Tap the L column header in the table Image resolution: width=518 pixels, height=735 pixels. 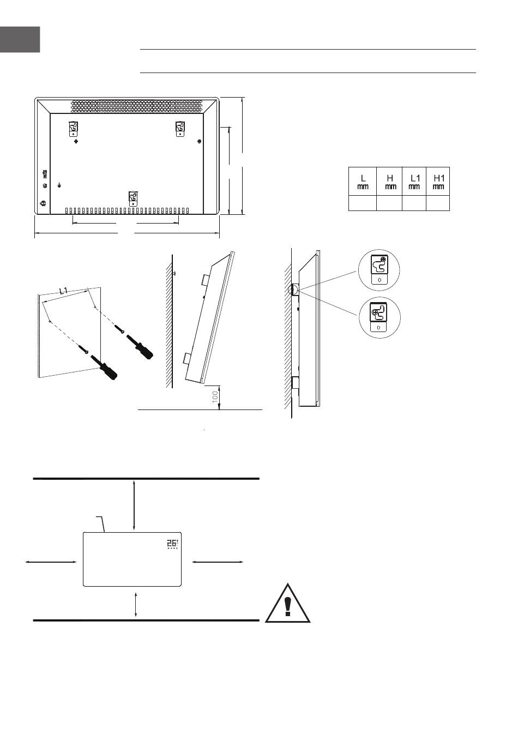point(362,182)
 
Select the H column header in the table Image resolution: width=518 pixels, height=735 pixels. point(389,182)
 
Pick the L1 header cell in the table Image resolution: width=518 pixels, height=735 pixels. point(414,182)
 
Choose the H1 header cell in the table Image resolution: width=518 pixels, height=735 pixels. point(438,182)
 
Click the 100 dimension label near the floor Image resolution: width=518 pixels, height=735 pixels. point(215,397)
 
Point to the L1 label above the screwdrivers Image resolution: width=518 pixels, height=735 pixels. point(64,290)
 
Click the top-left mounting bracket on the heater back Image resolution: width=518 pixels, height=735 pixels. point(74,129)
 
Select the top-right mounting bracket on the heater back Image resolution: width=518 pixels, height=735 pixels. point(180,129)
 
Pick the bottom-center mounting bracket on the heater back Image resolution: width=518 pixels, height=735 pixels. point(133,198)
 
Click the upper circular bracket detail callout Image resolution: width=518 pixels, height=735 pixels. point(379,270)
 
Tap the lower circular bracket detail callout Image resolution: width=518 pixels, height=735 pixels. point(380,317)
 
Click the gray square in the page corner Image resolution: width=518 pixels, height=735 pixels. point(20,39)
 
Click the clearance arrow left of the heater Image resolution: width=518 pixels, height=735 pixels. point(51,562)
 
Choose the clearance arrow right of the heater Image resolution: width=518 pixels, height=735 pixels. point(218,562)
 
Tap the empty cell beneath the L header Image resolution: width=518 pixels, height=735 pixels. point(362,203)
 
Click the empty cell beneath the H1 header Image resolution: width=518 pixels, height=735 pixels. point(438,203)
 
